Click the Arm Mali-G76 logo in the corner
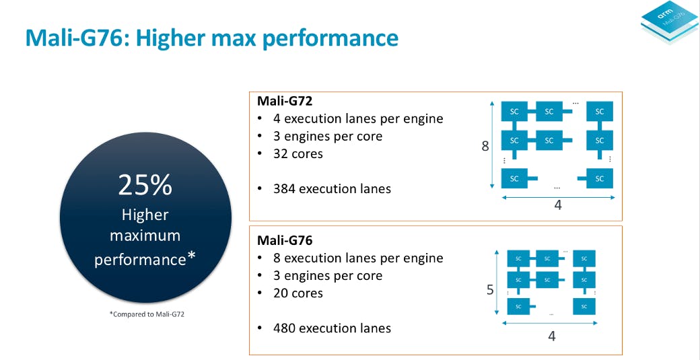669,22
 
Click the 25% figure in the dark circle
145,185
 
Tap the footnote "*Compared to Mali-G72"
147,314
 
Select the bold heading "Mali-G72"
284,101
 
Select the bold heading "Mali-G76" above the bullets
284,240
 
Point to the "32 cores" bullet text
297,154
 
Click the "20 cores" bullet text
297,293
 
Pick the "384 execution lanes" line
332,188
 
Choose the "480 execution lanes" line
332,328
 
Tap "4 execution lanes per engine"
358,119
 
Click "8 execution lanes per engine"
358,258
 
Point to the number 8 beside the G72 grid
485,146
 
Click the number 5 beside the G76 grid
490,290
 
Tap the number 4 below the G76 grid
552,336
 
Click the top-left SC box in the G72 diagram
514,112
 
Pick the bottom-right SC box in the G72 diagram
600,178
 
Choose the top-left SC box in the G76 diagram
518,258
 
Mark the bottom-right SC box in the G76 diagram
584,306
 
